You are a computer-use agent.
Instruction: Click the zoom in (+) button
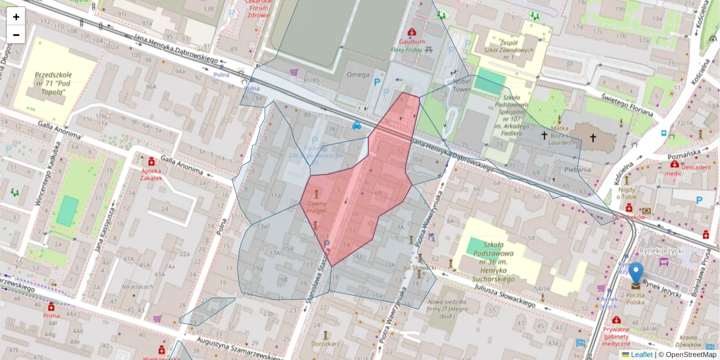pyautogui.click(x=16, y=16)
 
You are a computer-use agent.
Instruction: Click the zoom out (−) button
pyautogui.click(x=16, y=35)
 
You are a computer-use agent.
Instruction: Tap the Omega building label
pyautogui.click(x=358, y=74)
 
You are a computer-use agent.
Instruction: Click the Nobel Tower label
pyautogui.click(x=463, y=85)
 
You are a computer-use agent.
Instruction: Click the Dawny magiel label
pyautogui.click(x=316, y=207)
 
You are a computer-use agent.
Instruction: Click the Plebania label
pyautogui.click(x=578, y=169)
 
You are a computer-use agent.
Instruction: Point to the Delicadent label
pyautogui.click(x=695, y=170)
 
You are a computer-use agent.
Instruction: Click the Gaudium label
pyautogui.click(x=412, y=42)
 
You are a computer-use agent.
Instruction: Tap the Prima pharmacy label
pyautogui.click(x=51, y=315)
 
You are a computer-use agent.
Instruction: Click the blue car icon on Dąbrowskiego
pyautogui.click(x=356, y=125)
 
